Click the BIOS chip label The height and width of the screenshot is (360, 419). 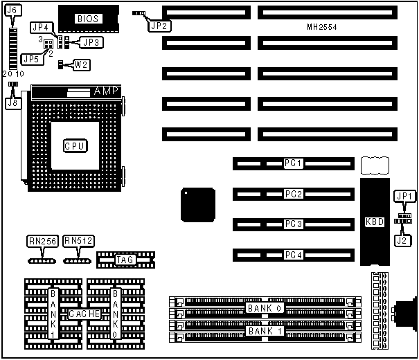87,18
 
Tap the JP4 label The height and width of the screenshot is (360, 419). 40,28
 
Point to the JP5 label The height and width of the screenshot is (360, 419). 30,59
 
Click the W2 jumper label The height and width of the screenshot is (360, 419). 82,65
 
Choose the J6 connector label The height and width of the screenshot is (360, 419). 14,11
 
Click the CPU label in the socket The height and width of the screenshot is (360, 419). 75,146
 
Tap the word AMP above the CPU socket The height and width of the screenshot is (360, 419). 107,91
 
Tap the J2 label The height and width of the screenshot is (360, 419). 402,241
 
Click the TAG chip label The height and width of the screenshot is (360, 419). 125,260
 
